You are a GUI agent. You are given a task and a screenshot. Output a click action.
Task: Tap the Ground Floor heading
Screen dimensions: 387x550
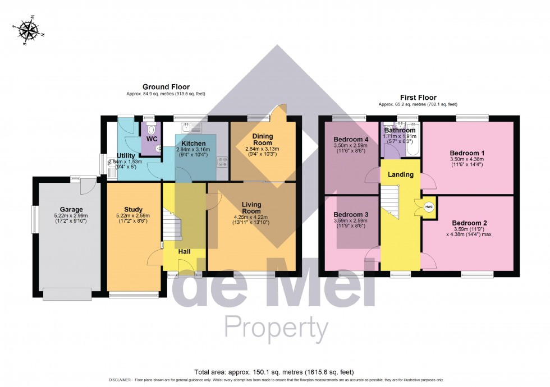coord(166,87)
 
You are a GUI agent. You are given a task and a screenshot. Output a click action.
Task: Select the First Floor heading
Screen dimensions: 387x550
coord(418,98)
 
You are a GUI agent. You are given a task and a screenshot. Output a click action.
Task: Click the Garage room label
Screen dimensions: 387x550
coord(71,209)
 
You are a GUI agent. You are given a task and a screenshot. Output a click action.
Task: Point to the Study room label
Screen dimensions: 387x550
coord(133,210)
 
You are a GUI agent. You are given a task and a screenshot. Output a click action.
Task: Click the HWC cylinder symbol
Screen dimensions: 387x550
coord(429,206)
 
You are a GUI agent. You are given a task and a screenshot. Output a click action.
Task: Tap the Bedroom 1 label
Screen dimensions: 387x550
coord(467,153)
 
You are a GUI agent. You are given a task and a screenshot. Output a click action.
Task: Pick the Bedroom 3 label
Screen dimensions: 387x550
coord(351,215)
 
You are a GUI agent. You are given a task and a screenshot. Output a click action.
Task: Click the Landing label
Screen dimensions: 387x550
coord(401,174)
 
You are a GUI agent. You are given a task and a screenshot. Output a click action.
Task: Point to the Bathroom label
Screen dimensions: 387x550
coord(400,130)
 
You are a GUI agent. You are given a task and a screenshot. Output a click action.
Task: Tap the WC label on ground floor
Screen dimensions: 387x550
coord(152,139)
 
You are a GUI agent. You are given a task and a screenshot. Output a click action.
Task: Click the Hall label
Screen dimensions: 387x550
coord(185,251)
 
